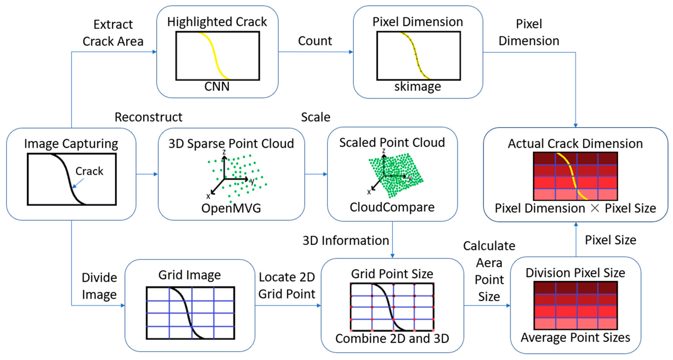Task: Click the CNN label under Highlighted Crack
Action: click(217, 86)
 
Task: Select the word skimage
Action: click(418, 86)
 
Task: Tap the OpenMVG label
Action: click(231, 208)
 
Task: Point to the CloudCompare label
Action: click(392, 207)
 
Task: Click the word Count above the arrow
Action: click(315, 41)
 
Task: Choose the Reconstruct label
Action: click(148, 117)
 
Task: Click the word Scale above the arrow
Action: click(315, 117)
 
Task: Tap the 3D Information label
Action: click(346, 241)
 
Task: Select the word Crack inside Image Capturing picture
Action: click(89, 171)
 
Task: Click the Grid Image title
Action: click(189, 275)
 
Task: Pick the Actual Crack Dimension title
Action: click(575, 144)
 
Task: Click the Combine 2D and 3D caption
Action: click(392, 339)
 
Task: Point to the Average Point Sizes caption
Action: click(575, 337)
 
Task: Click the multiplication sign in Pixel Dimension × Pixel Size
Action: click(595, 208)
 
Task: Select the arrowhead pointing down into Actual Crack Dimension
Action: click(575, 125)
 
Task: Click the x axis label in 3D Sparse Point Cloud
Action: click(208, 196)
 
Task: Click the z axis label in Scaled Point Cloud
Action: click(384, 151)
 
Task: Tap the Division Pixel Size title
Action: click(575, 273)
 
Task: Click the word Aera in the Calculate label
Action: click(489, 263)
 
